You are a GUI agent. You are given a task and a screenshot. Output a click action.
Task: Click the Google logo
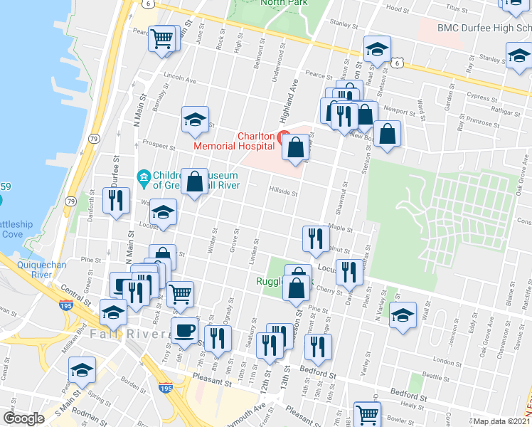click(23, 418)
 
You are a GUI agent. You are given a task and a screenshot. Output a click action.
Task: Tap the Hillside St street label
click(282, 191)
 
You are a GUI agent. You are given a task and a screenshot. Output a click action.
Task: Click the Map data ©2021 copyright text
click(501, 421)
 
